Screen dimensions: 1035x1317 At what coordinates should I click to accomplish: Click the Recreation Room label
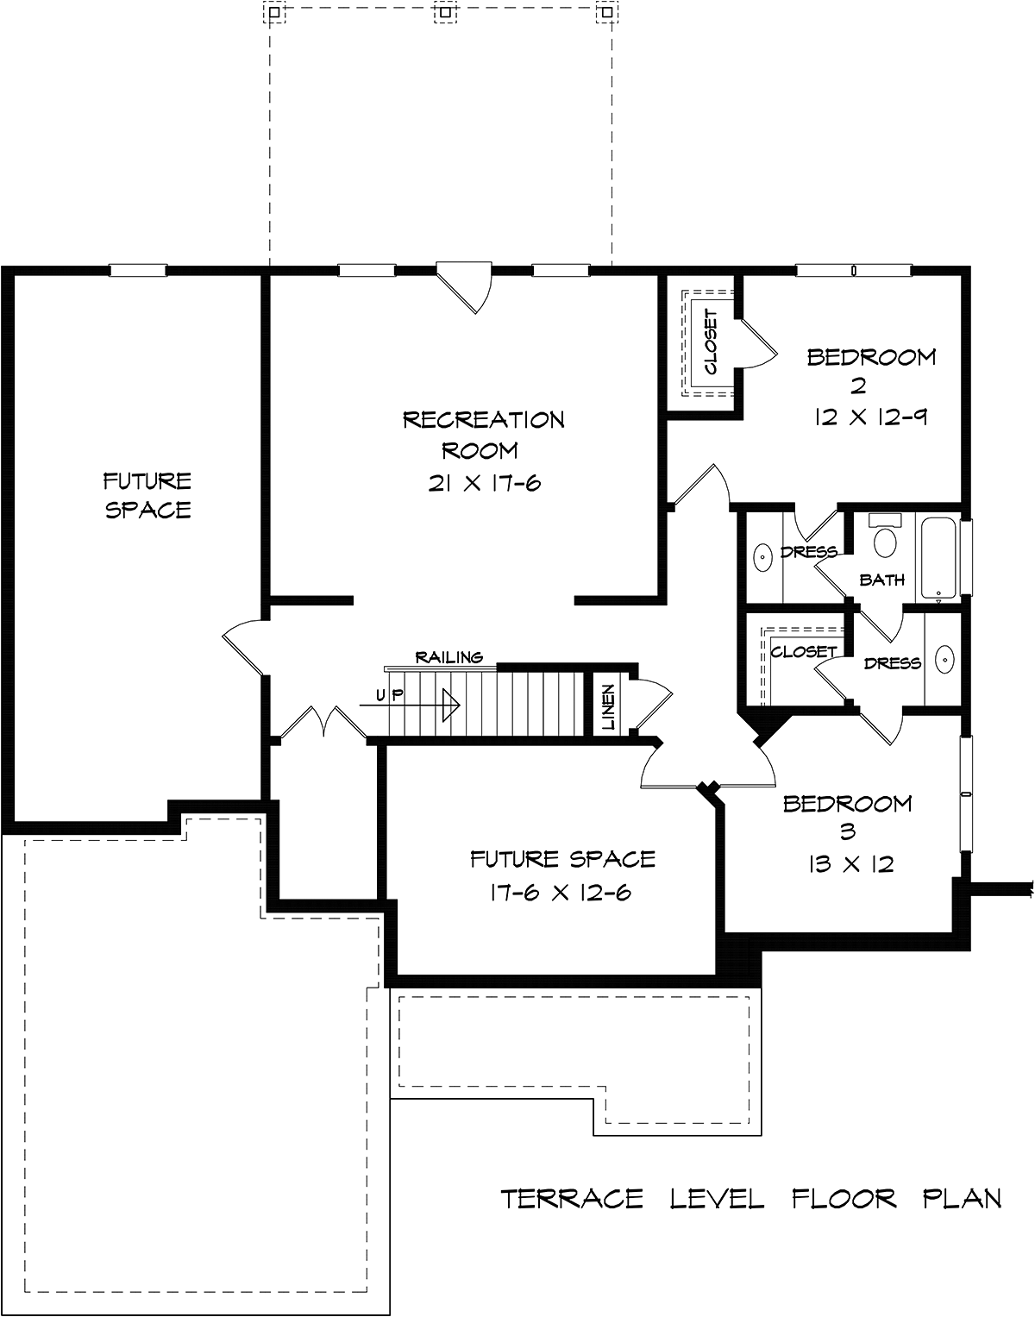coord(483,436)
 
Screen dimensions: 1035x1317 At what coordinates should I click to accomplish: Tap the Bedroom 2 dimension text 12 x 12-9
coord(871,417)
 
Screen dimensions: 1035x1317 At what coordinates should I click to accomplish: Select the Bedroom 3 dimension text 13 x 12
coord(850,864)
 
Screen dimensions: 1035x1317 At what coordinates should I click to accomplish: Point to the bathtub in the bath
coord(938,557)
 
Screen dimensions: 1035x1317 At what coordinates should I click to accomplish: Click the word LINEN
coord(609,706)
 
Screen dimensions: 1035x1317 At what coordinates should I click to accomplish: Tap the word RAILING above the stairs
coord(449,657)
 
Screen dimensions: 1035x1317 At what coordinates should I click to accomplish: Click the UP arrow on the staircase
coord(410,706)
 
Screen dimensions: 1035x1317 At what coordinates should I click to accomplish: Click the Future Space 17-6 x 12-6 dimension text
coord(561,893)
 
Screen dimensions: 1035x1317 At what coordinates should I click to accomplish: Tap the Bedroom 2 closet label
coord(711,342)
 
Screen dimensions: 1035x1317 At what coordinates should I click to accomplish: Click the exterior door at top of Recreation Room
coord(464,287)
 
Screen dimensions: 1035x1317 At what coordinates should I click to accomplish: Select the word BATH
coord(881,580)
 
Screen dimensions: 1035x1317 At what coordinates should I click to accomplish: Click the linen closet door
coord(652,703)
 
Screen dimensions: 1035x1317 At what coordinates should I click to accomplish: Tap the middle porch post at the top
coord(445,11)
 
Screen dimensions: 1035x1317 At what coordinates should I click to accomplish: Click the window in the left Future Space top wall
coord(137,270)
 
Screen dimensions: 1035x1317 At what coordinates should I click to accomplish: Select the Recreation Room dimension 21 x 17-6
coord(484,483)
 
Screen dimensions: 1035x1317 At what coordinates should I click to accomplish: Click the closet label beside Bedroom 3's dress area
coord(804,651)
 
